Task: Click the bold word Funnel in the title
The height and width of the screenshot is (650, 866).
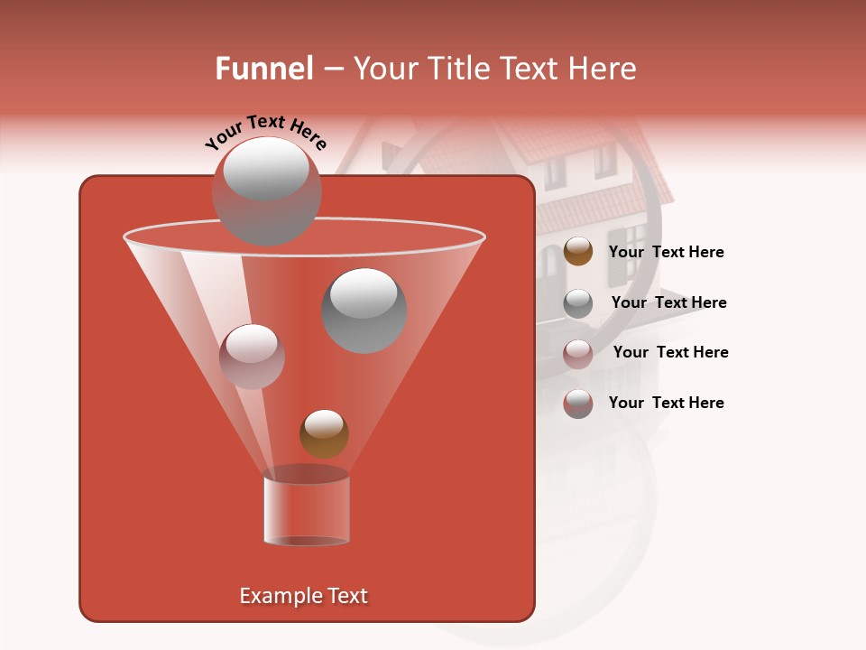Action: coord(263,69)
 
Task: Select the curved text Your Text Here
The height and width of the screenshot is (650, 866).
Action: coord(265,132)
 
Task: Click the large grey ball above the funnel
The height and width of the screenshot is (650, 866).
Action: coord(266,190)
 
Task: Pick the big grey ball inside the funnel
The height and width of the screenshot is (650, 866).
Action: coord(364,311)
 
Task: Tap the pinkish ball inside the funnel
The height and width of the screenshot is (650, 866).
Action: coord(252,357)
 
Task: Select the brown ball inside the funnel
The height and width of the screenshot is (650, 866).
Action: coord(324,433)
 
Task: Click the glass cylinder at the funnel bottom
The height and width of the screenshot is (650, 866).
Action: coord(307,509)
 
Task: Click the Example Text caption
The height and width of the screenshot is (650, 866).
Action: coord(303,596)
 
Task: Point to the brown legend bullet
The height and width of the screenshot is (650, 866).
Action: coord(578,252)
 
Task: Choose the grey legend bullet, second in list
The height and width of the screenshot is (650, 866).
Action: coord(578,302)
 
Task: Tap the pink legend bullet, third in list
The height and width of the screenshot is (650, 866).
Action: coord(578,353)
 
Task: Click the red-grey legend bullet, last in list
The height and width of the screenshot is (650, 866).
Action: coord(578,403)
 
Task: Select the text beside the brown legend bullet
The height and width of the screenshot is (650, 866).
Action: coord(666,253)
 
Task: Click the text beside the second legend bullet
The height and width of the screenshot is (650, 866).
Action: coord(668,302)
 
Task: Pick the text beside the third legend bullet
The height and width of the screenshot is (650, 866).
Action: coord(670,352)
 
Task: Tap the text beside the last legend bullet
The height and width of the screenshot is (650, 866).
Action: coord(666,403)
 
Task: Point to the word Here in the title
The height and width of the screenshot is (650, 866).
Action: coord(604,69)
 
